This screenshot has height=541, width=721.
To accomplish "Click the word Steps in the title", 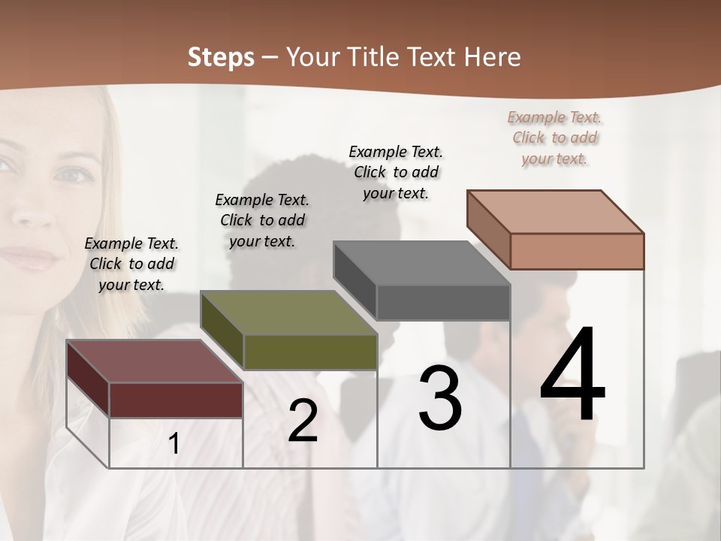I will coord(221,57).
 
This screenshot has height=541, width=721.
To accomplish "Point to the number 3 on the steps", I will coord(440,398).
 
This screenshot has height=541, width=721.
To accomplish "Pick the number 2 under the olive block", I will coord(303,421).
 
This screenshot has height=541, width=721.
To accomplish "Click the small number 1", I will coord(174,444).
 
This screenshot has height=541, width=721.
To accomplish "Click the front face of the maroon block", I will coord(176,400).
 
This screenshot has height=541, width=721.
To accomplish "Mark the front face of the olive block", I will coord(309,352).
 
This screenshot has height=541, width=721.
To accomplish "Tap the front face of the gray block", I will coord(443,302).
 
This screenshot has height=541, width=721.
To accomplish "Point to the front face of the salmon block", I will coord(577,251).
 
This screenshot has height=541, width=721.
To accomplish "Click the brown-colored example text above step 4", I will coord(554,138).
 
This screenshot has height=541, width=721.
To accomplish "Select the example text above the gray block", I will coord(396,172).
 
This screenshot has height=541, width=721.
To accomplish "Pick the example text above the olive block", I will coord(262,220).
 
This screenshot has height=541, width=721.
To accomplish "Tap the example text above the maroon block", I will coord(131,264).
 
